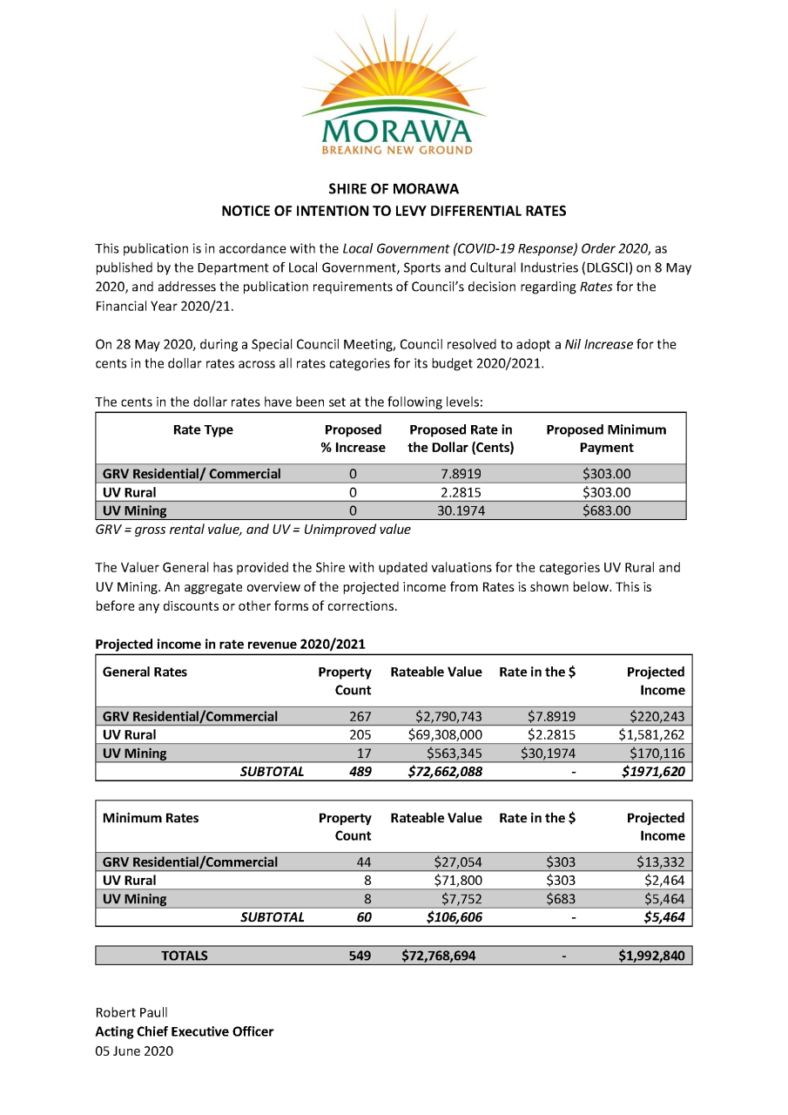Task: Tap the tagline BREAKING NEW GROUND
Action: click(x=397, y=150)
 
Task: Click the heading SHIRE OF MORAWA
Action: click(x=394, y=189)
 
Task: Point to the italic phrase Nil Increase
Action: click(x=598, y=344)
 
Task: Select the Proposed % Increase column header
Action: click(x=353, y=438)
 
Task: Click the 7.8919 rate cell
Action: click(x=461, y=474)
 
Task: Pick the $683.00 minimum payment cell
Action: click(x=606, y=510)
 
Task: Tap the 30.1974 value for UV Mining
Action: click(x=461, y=510)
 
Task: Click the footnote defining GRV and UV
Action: click(x=253, y=529)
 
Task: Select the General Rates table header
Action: click(x=145, y=672)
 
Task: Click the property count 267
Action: click(x=359, y=717)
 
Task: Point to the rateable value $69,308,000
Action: click(x=445, y=734)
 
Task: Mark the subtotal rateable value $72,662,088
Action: click(x=441, y=771)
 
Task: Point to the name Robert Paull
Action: click(x=131, y=1012)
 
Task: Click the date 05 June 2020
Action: click(x=134, y=1051)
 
